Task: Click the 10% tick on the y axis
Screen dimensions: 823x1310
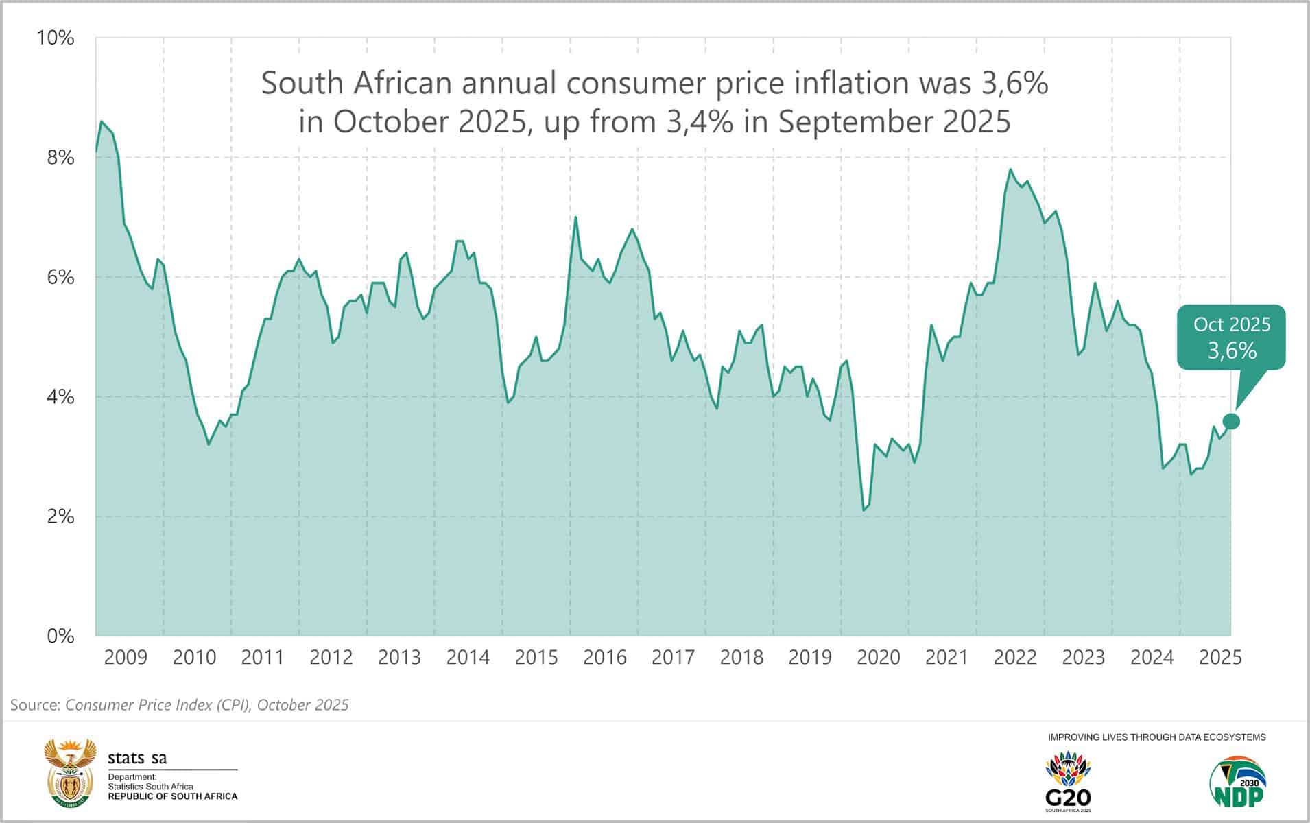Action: pyautogui.click(x=56, y=38)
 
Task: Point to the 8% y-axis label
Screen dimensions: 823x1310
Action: pyautogui.click(x=60, y=158)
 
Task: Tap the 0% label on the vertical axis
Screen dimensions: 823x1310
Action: pyautogui.click(x=60, y=636)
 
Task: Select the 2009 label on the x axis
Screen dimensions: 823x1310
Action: pyautogui.click(x=126, y=658)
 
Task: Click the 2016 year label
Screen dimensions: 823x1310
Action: pyautogui.click(x=604, y=658)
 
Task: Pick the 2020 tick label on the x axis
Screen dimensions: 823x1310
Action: pyautogui.click(x=878, y=658)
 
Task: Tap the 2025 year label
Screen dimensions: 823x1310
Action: pyautogui.click(x=1220, y=658)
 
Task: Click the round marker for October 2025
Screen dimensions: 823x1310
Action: pyautogui.click(x=1231, y=421)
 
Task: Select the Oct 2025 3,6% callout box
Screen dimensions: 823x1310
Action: pyautogui.click(x=1231, y=337)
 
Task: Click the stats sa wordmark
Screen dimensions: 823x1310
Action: pyautogui.click(x=137, y=758)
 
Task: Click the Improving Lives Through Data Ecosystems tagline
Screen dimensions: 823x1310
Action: pyautogui.click(x=1156, y=737)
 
